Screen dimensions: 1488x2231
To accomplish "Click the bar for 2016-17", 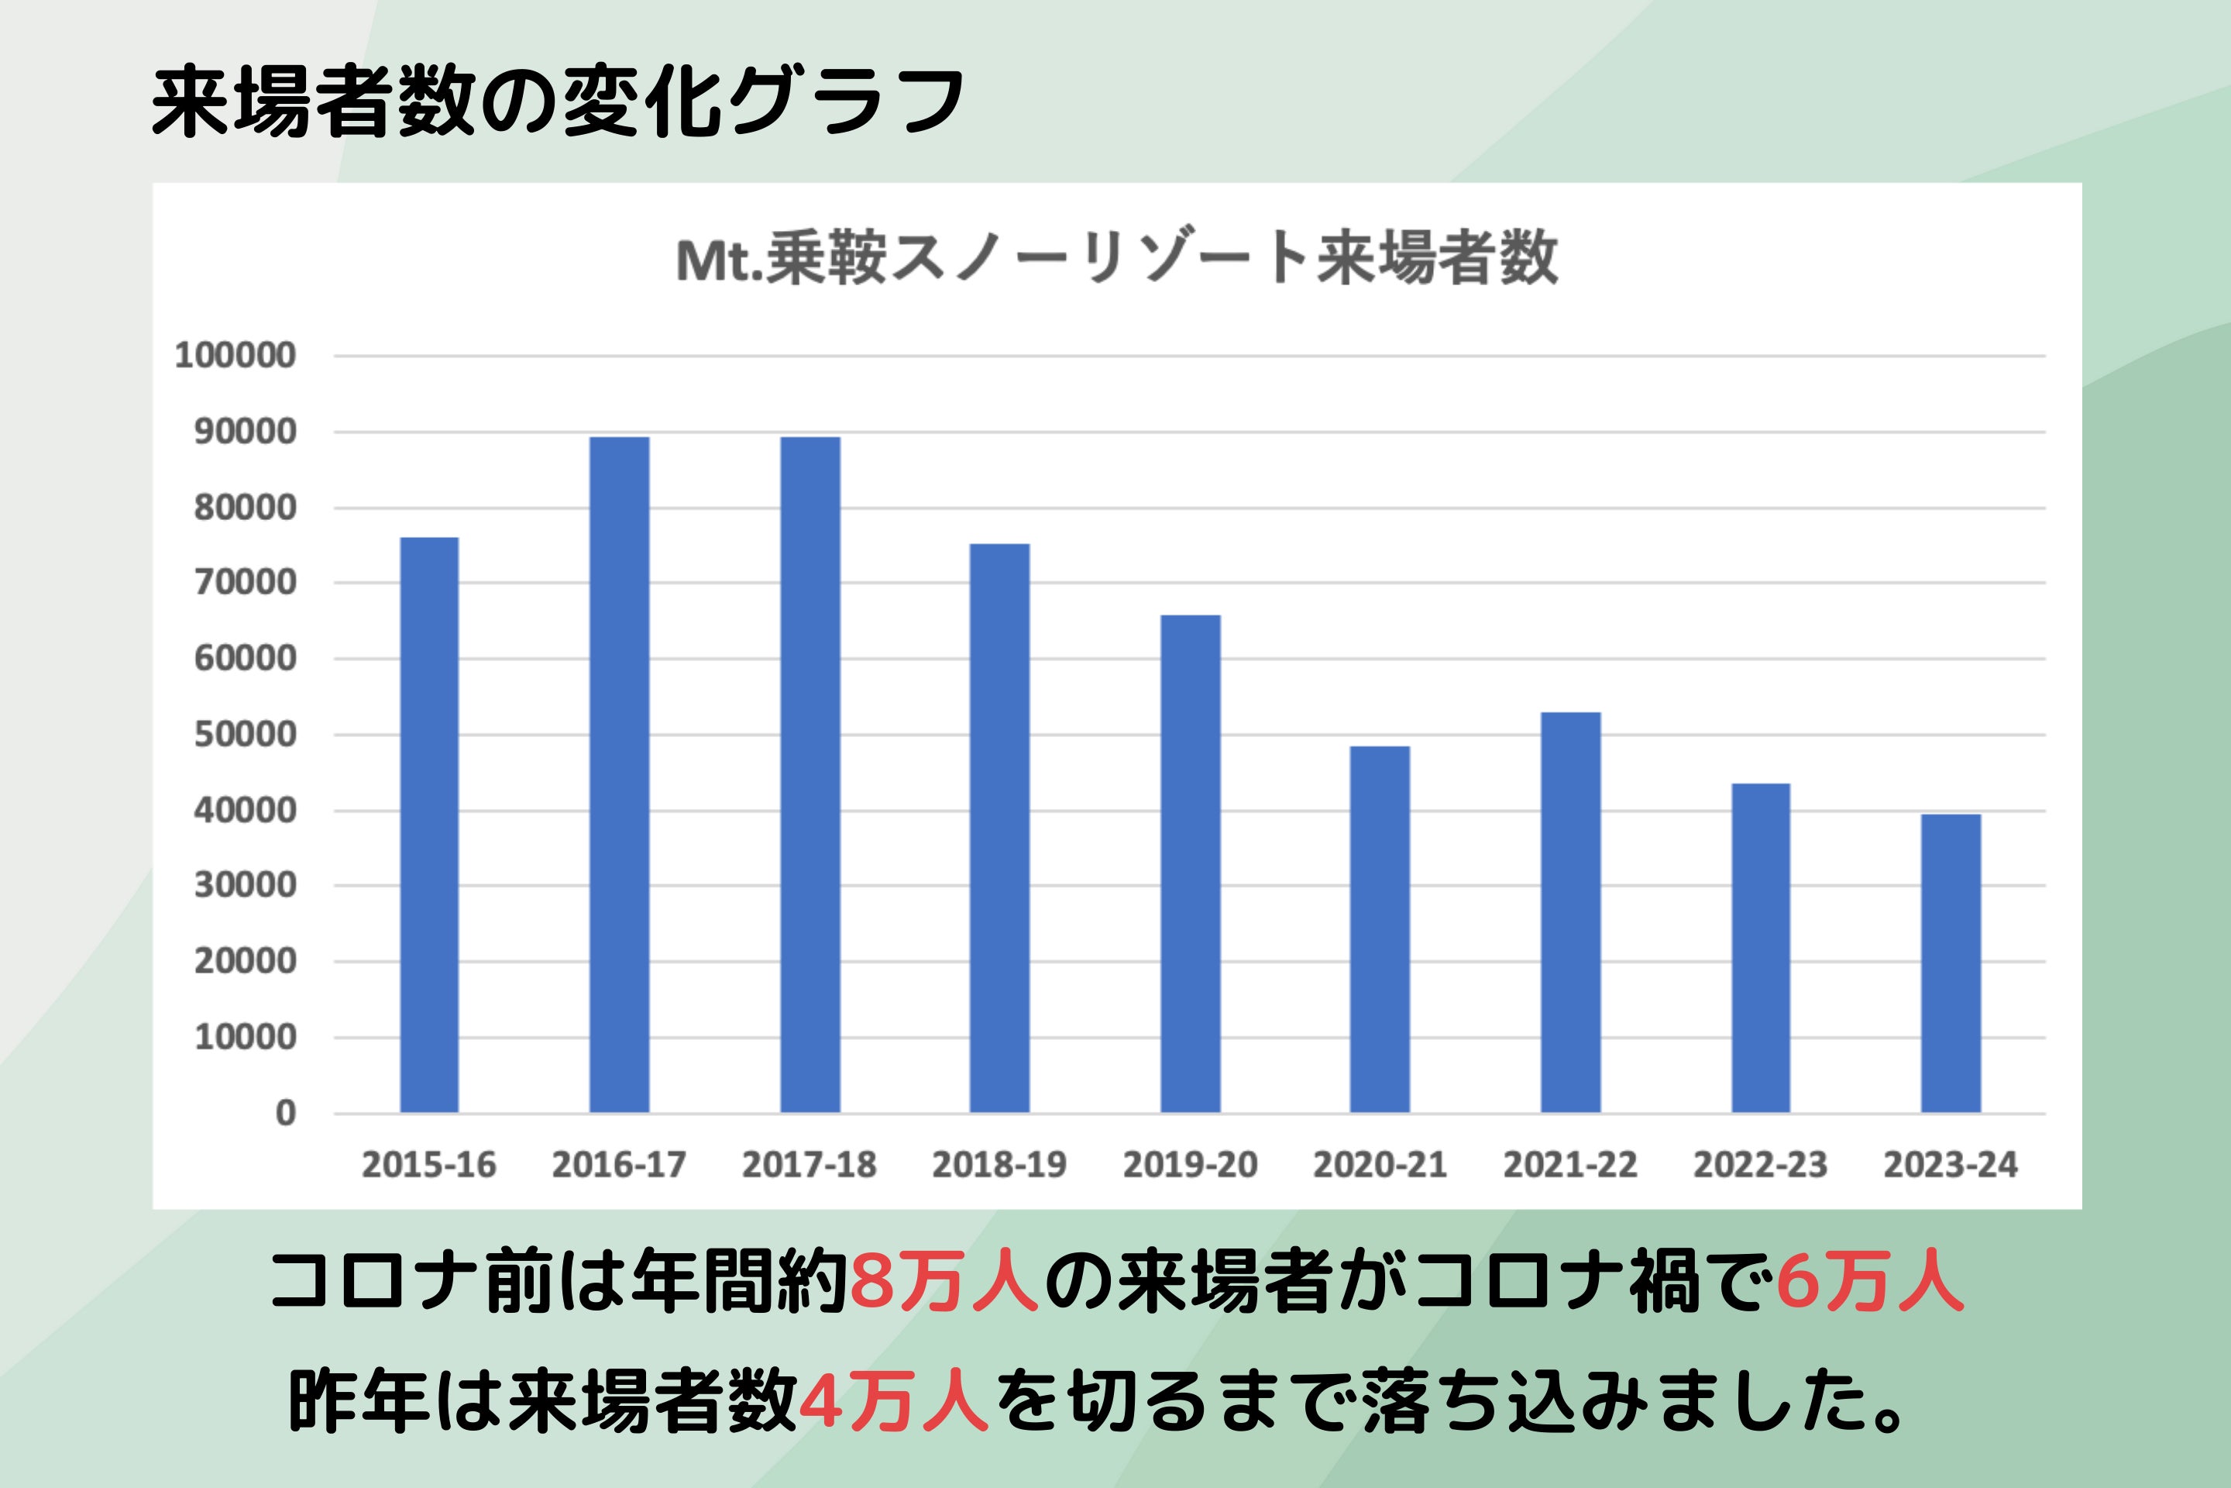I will [620, 774].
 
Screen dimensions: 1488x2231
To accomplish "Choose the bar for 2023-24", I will [1951, 963].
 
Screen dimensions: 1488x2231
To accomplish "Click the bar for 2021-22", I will [1570, 912].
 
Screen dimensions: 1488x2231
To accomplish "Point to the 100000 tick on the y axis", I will [235, 356].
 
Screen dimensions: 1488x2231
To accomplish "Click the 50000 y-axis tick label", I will [245, 735].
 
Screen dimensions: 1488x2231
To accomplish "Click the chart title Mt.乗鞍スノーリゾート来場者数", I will [1116, 259].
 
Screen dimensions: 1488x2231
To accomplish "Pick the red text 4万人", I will [893, 1403].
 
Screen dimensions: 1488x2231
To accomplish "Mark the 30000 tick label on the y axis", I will [245, 885].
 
